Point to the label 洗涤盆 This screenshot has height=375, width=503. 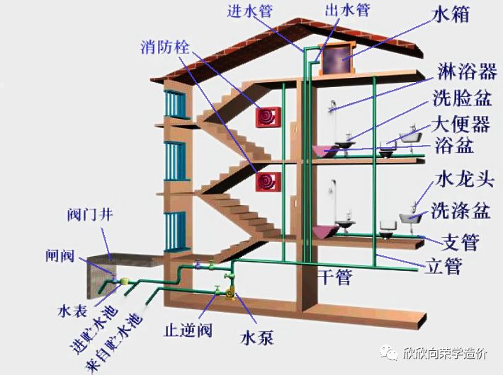point(461,209)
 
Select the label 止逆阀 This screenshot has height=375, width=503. point(186,330)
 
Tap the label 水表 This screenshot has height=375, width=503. point(71,311)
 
